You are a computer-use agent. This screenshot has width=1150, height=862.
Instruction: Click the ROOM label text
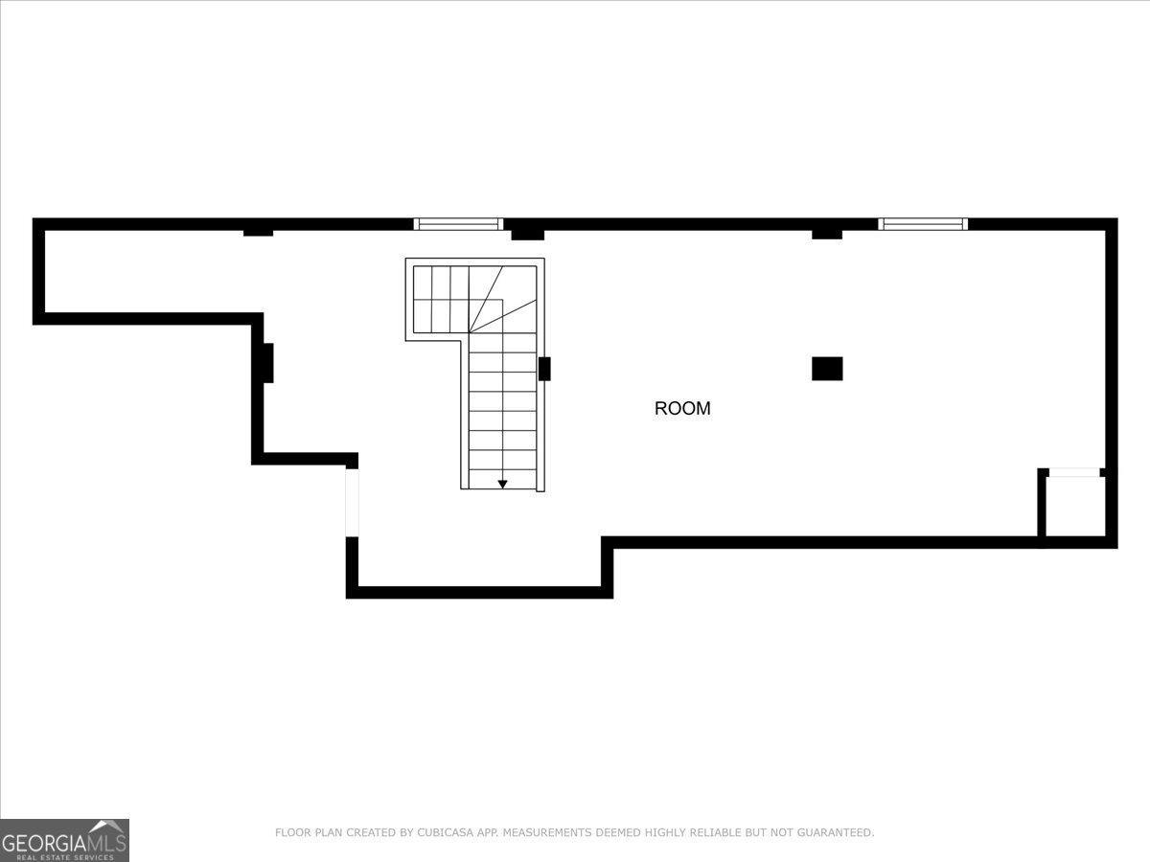point(682,408)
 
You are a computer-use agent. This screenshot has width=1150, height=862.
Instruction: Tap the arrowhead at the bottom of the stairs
point(502,485)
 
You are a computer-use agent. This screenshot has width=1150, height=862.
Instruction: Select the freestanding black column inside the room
point(827,369)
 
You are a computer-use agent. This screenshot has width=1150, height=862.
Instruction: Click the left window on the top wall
point(458,224)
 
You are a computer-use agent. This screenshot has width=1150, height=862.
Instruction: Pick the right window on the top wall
point(923,224)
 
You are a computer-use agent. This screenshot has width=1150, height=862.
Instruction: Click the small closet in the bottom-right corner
point(1074,507)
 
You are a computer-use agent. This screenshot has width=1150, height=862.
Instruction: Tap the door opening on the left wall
point(352,503)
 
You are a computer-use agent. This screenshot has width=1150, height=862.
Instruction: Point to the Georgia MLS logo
point(64,840)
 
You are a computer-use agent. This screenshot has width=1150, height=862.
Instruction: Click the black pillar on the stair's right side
point(544,369)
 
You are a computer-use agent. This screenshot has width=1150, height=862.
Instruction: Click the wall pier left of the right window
point(827,234)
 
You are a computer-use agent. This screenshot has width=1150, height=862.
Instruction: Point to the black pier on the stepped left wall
point(267,363)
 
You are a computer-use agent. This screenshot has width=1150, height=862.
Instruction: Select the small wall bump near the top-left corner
point(258,232)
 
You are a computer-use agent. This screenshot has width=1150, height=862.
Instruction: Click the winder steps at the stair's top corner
point(502,299)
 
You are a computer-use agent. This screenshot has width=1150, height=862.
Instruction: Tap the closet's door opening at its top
point(1073,472)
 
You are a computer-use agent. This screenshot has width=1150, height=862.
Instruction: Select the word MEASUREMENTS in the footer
point(553,833)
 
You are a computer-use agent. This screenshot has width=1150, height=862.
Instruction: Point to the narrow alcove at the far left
point(144,271)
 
